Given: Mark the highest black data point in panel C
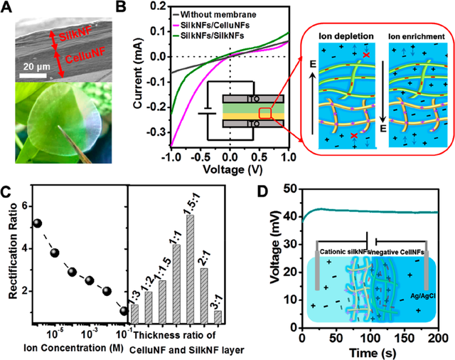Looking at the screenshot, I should point(38,223).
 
